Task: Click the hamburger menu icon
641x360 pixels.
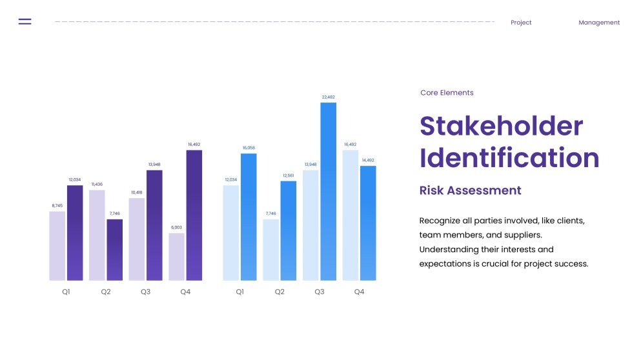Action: pyautogui.click(x=25, y=22)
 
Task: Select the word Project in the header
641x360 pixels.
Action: pyautogui.click(x=521, y=23)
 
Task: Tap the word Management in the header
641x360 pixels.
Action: pyautogui.click(x=598, y=23)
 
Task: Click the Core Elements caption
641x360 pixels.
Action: pyautogui.click(x=447, y=93)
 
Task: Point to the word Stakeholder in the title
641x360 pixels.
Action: pyautogui.click(x=501, y=126)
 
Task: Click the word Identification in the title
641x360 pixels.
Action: pyautogui.click(x=509, y=158)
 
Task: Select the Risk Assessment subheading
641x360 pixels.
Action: pyautogui.click(x=470, y=190)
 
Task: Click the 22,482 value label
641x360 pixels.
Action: pyautogui.click(x=328, y=97)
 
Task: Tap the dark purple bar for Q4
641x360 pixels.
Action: pyautogui.click(x=194, y=215)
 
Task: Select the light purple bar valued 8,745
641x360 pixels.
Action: pyautogui.click(x=57, y=246)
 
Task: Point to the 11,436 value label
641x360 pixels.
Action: pyautogui.click(x=97, y=185)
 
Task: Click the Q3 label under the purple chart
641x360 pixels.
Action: pyautogui.click(x=146, y=292)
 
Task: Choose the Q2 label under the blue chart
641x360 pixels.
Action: pyautogui.click(x=280, y=292)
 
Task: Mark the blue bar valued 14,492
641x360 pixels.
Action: pyautogui.click(x=368, y=223)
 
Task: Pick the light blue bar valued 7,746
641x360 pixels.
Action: pyautogui.click(x=271, y=250)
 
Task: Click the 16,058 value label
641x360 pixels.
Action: pyautogui.click(x=249, y=148)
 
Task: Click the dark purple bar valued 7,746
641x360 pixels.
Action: pyautogui.click(x=114, y=250)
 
